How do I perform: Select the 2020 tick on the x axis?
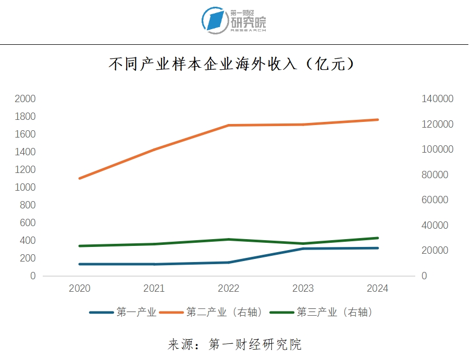pyautogui.click(x=80, y=289)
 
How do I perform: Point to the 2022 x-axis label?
pyautogui.click(x=229, y=289)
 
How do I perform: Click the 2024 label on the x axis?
pyautogui.click(x=378, y=289)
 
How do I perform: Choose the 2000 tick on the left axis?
pyautogui.click(x=25, y=98)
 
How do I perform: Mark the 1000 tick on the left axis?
pyautogui.click(x=25, y=187)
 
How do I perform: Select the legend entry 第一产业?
pyautogui.click(x=123, y=313)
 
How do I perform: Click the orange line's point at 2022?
pyautogui.click(x=229, y=125)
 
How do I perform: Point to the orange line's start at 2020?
pyautogui.click(x=80, y=178)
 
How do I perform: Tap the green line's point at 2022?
pyautogui.click(x=229, y=239)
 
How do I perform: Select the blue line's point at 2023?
pyautogui.click(x=303, y=249)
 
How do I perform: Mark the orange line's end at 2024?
pyautogui.click(x=378, y=120)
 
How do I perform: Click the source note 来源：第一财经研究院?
pyautogui.click(x=234, y=344)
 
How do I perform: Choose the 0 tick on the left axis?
pyautogui.click(x=33, y=276)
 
